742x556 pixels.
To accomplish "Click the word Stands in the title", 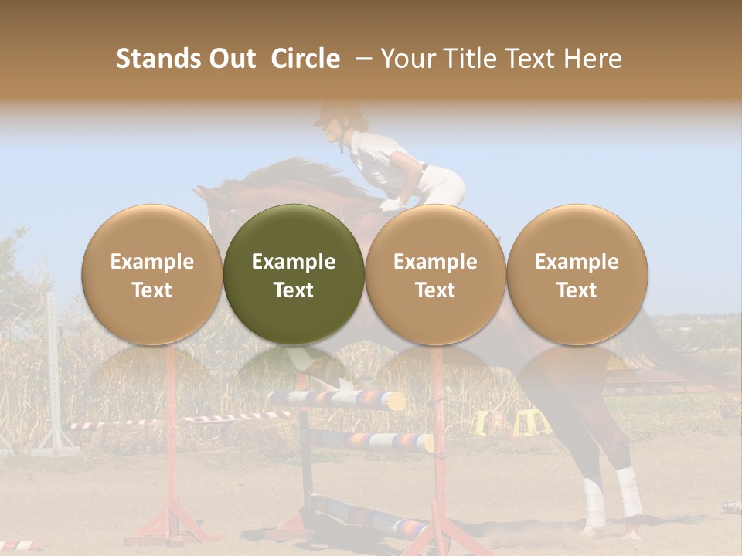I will (158, 59).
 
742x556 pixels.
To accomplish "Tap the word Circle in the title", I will (305, 59).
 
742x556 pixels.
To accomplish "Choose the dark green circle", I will (294, 274).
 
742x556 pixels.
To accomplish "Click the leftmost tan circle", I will (151, 274).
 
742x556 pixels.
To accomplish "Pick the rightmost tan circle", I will (577, 274).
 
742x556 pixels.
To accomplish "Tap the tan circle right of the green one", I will (435, 274).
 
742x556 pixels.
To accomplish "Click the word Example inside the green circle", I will (294, 262).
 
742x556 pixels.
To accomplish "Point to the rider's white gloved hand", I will (393, 205).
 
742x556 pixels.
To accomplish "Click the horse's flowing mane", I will (294, 174).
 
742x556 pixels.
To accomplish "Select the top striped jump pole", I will (336, 399).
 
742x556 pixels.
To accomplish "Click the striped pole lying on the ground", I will (371, 514).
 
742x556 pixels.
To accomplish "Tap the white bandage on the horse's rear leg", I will (629, 492).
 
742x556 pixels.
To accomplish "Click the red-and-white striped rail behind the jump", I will (178, 420).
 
